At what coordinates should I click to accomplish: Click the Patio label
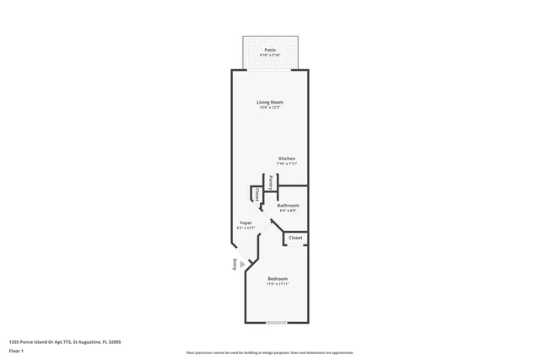[270, 50]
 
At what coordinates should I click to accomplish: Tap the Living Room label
[270, 102]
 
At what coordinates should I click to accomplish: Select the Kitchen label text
[287, 158]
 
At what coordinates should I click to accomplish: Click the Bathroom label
[288, 205]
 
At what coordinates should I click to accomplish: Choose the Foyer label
[246, 223]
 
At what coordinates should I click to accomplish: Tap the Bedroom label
[278, 278]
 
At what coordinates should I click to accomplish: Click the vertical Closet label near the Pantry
[256, 193]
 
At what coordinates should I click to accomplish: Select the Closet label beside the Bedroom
[295, 238]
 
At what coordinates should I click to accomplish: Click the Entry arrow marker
[243, 264]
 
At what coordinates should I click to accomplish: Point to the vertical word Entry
[235, 264]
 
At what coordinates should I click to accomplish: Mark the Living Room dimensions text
[270, 108]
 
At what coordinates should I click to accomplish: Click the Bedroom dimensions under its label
[278, 284]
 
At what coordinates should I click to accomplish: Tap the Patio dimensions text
[270, 55]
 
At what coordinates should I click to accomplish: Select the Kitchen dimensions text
[287, 163]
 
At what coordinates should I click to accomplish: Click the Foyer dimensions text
[246, 228]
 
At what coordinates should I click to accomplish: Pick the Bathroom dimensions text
[288, 210]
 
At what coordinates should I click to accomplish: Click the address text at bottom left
[65, 342]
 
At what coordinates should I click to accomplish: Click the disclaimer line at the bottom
[270, 352]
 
